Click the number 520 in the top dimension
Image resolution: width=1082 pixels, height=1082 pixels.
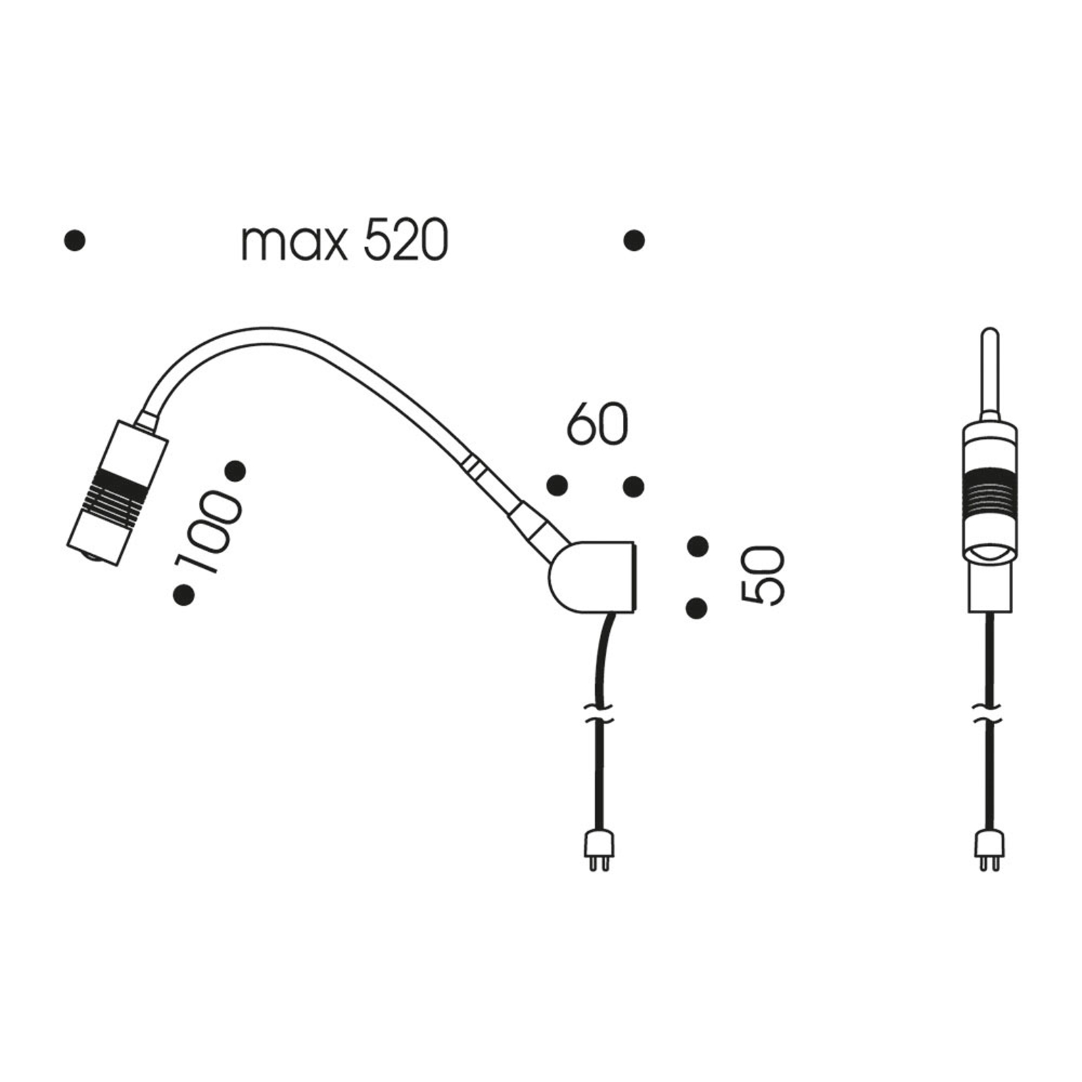tap(406, 241)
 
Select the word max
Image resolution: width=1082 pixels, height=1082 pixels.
tap(294, 245)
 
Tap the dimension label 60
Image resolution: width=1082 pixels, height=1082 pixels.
tap(598, 424)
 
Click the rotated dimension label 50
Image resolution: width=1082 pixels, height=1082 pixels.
tap(762, 575)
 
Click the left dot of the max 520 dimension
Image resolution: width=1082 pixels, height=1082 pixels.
tap(74, 241)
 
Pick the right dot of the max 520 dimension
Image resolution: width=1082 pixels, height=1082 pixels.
tap(634, 241)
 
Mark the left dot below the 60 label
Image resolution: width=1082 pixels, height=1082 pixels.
tap(557, 485)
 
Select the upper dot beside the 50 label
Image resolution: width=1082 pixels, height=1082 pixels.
tap(697, 546)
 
